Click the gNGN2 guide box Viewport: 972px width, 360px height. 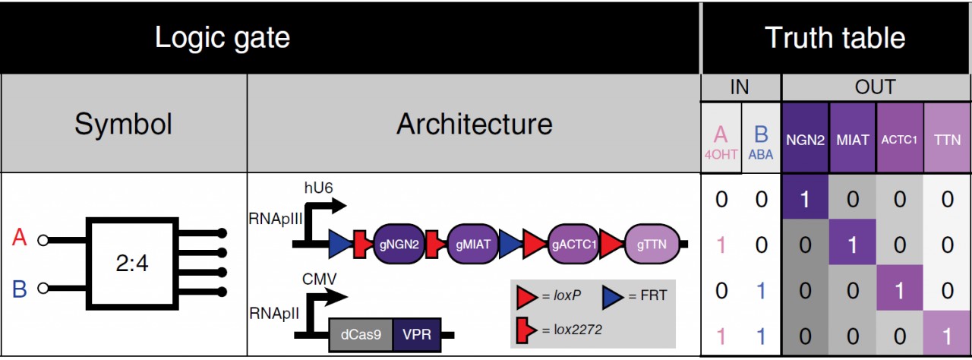click(399, 244)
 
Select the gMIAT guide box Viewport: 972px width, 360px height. click(472, 244)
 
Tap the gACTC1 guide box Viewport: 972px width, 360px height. click(573, 244)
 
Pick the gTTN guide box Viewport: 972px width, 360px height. click(652, 244)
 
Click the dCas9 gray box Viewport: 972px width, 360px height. click(361, 335)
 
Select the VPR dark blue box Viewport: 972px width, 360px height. click(417, 335)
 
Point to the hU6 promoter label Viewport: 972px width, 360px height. click(318, 188)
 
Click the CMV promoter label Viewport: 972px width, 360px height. click(320, 279)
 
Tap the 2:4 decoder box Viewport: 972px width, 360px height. click(132, 264)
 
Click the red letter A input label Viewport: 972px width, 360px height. click(20, 237)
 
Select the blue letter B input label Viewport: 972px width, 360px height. click(20, 289)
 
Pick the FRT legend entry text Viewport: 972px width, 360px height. click(654, 295)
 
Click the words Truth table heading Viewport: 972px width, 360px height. click(835, 38)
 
